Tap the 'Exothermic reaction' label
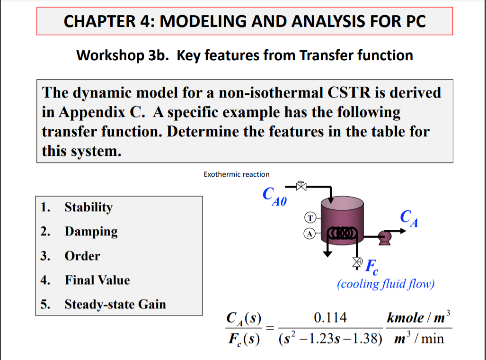click(236, 174)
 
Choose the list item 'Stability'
click(88, 207)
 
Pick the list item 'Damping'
click(91, 232)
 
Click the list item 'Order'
click(82, 256)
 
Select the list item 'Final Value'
click(97, 280)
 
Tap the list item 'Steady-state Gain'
click(115, 304)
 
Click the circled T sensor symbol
click(309, 218)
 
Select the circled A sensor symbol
click(309, 233)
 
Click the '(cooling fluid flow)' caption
click(385, 284)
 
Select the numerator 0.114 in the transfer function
click(330, 318)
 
